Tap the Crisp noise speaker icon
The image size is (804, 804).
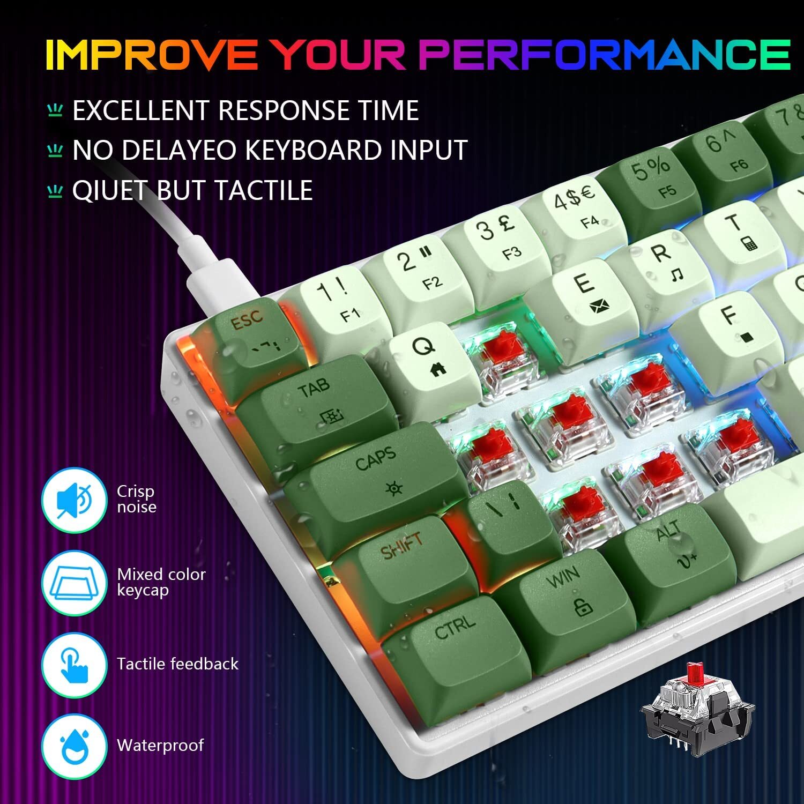pyautogui.click(x=74, y=500)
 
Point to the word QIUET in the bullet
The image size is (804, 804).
pyautogui.click(x=109, y=190)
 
